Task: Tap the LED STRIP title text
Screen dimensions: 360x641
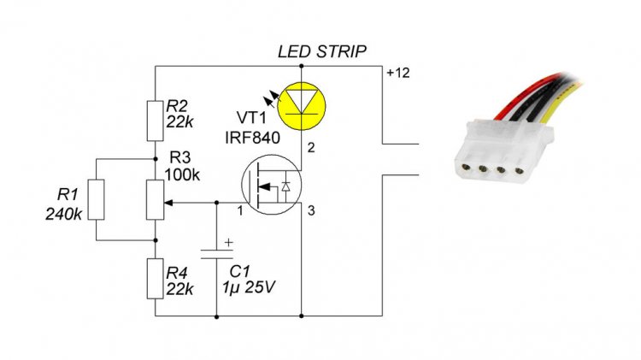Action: (322, 52)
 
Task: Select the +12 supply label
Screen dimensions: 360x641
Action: (398, 74)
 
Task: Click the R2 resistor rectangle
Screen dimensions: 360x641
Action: (155, 121)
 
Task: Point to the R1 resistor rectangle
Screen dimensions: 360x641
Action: (96, 199)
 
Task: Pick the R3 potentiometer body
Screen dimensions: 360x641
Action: (155, 200)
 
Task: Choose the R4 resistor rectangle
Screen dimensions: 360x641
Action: (155, 279)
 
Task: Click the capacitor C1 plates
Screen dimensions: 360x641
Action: (216, 254)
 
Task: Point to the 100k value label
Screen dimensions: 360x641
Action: (184, 175)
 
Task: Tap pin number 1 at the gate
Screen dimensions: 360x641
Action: (241, 210)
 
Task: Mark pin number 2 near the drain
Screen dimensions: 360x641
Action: (310, 150)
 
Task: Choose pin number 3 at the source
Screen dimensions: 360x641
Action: (310, 210)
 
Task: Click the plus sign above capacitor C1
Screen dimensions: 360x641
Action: (228, 242)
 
